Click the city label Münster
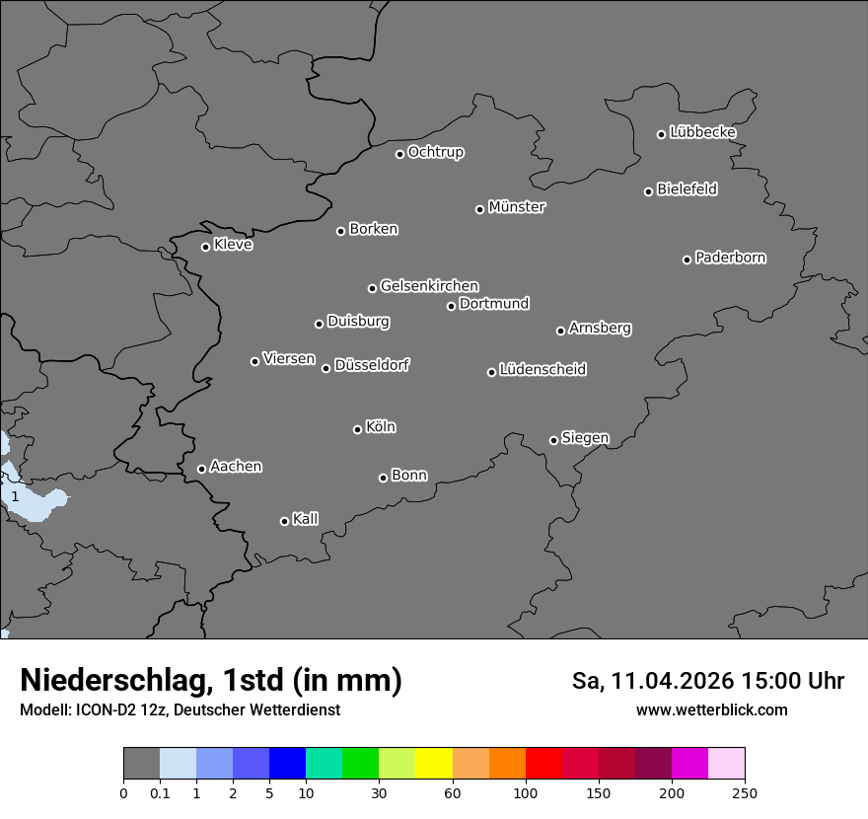click(517, 207)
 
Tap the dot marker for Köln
click(357, 429)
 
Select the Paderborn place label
click(731, 258)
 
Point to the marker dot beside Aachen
click(201, 469)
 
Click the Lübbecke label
click(702, 132)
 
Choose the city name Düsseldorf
click(372, 365)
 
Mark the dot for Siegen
click(553, 440)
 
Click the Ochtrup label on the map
click(436, 152)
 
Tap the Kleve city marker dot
click(205, 247)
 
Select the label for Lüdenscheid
click(542, 370)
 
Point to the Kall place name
click(306, 519)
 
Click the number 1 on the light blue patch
click(15, 497)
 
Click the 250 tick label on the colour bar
click(745, 792)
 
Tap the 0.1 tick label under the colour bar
click(160, 792)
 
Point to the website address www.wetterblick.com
click(712, 709)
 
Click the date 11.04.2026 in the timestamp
click(672, 681)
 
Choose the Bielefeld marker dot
click(649, 191)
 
